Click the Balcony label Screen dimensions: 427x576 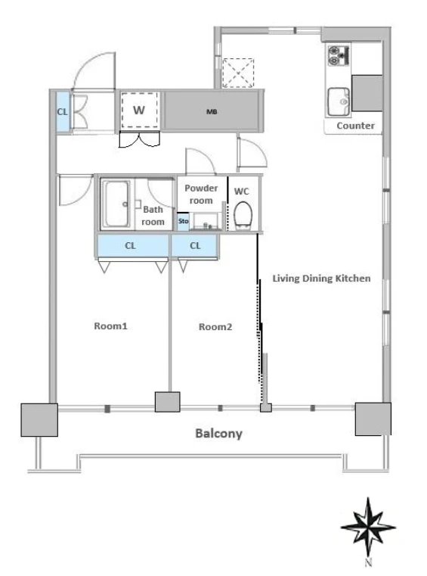tap(218, 434)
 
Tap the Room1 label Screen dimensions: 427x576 tap(110, 325)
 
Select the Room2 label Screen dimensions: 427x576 tap(215, 326)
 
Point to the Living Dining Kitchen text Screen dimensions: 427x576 tap(321, 279)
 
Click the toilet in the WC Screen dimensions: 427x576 tap(243, 215)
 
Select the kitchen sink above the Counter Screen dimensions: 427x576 tap(339, 101)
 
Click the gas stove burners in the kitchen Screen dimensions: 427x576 tap(339, 55)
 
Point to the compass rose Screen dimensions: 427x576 tap(368, 527)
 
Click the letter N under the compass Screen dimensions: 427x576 tap(369, 562)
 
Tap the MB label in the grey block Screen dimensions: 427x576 tap(212, 112)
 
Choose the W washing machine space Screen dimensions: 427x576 tap(139, 111)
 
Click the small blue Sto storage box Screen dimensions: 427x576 tap(183, 222)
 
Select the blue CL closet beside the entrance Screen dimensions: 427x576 tap(63, 112)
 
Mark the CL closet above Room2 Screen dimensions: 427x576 tap(194, 245)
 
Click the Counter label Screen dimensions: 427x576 tap(355, 126)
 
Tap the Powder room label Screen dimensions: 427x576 tap(201, 194)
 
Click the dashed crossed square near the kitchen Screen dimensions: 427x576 tap(238, 73)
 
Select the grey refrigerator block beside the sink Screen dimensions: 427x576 tap(367, 93)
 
